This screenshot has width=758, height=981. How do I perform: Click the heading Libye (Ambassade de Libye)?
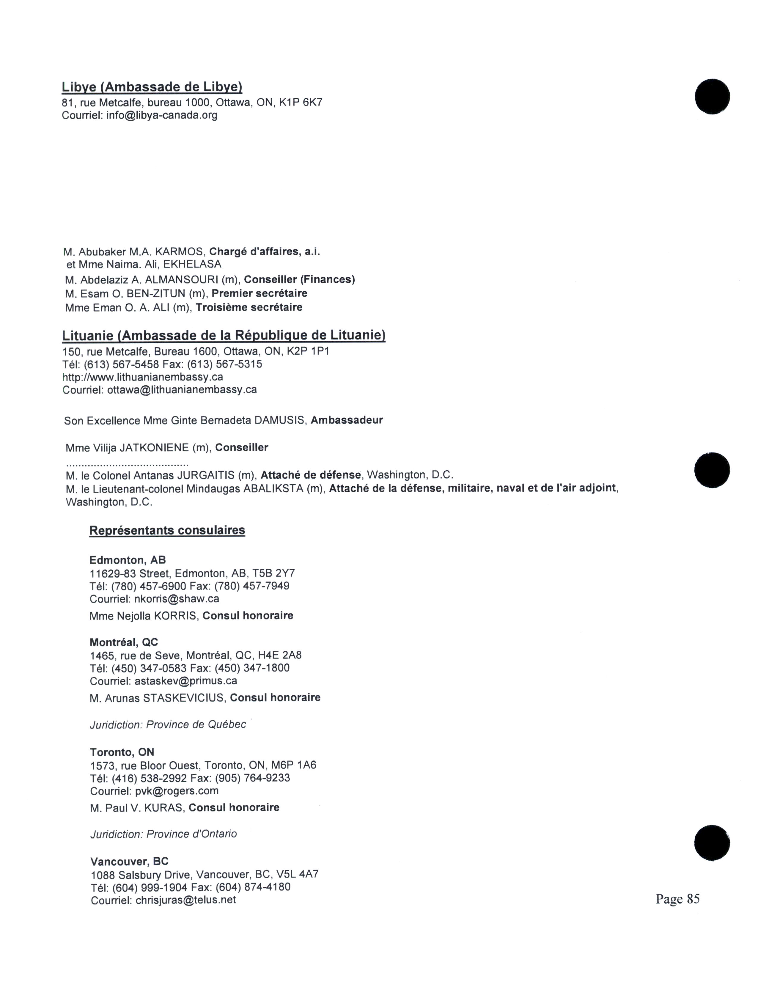[x=152, y=87]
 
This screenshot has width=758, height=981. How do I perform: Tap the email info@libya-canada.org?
[x=162, y=115]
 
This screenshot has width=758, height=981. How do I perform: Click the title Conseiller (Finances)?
[x=300, y=280]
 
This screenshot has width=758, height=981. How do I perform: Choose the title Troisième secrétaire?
[x=249, y=308]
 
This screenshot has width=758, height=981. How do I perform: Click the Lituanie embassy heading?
[x=224, y=336]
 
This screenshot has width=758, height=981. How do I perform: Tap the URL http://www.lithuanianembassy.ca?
[x=142, y=377]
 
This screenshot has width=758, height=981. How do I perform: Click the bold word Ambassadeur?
[x=347, y=420]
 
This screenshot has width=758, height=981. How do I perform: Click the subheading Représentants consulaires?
[x=167, y=530]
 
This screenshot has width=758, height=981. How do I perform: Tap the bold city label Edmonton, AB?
[x=128, y=560]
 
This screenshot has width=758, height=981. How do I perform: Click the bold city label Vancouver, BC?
[x=129, y=861]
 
